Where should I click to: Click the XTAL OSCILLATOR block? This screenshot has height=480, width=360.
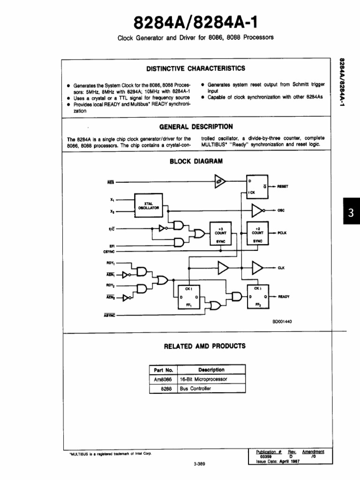click(149, 204)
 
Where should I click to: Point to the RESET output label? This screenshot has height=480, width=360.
click(283, 186)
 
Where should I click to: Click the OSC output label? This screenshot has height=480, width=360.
click(281, 210)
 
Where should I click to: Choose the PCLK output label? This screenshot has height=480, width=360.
click(282, 232)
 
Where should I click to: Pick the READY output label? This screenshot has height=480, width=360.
click(284, 296)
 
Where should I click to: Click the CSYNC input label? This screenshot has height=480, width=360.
click(109, 252)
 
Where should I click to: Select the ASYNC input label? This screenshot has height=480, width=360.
click(109, 315)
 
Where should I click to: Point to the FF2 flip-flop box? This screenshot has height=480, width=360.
click(257, 296)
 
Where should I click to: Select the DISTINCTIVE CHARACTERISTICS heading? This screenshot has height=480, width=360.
click(195, 68)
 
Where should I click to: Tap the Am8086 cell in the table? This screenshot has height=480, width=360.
click(163, 379)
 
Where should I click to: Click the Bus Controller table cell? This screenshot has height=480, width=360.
click(195, 389)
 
